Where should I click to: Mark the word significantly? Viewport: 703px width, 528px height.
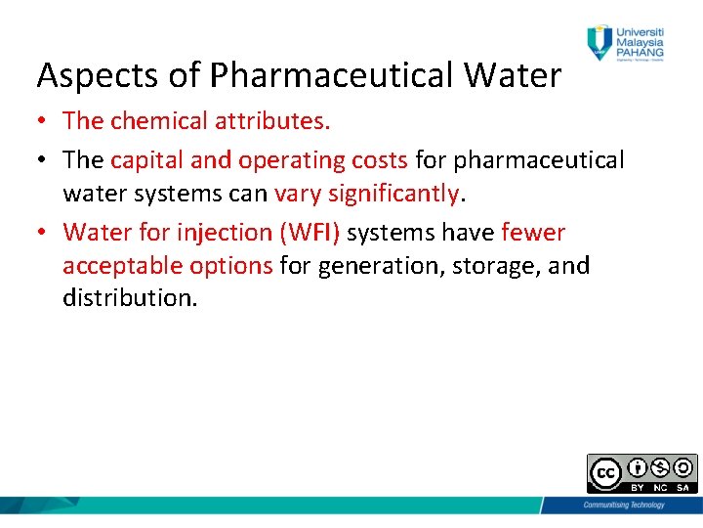[393, 194]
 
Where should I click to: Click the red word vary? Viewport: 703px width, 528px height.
[298, 194]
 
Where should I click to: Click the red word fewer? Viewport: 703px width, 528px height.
[533, 233]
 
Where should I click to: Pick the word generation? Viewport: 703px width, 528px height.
[388, 266]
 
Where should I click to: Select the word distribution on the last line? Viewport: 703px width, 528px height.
[130, 298]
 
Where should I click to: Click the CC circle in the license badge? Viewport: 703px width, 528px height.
[605, 473]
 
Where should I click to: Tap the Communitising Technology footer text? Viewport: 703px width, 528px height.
[623, 505]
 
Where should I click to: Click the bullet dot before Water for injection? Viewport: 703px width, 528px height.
[44, 233]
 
